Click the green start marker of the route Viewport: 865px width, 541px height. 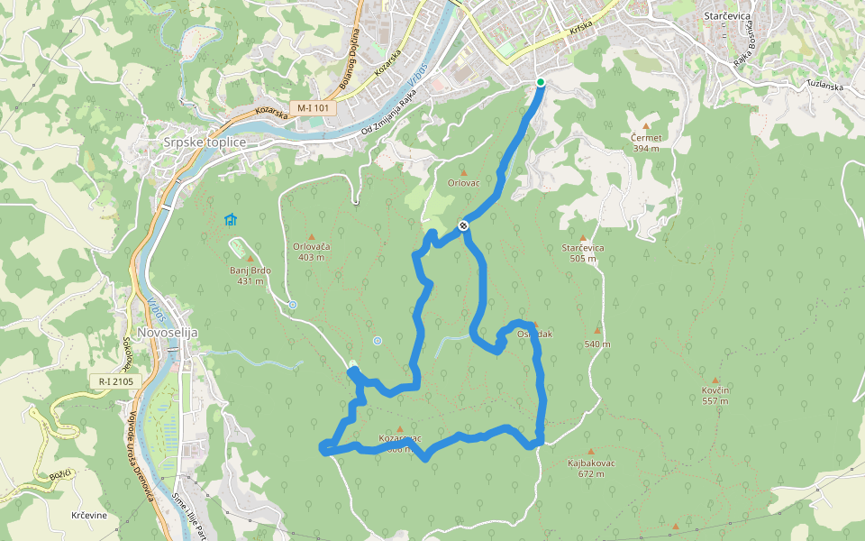click(541, 83)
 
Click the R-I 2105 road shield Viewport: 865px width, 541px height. click(116, 381)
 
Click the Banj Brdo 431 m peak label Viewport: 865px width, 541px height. click(250, 274)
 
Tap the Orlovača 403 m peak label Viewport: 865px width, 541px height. click(312, 251)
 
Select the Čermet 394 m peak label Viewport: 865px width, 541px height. click(647, 142)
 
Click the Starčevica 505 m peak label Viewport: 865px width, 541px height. click(583, 252)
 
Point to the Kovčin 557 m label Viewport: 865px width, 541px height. click(715, 395)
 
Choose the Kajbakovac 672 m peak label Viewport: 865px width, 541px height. click(591, 467)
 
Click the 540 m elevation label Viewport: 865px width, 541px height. click(597, 344)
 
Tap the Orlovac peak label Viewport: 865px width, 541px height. click(464, 182)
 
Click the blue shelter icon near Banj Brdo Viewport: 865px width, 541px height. click(231, 219)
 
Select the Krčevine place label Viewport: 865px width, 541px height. click(89, 515)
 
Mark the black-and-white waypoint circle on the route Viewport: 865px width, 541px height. click(463, 225)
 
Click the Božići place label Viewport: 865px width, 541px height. click(60, 474)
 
